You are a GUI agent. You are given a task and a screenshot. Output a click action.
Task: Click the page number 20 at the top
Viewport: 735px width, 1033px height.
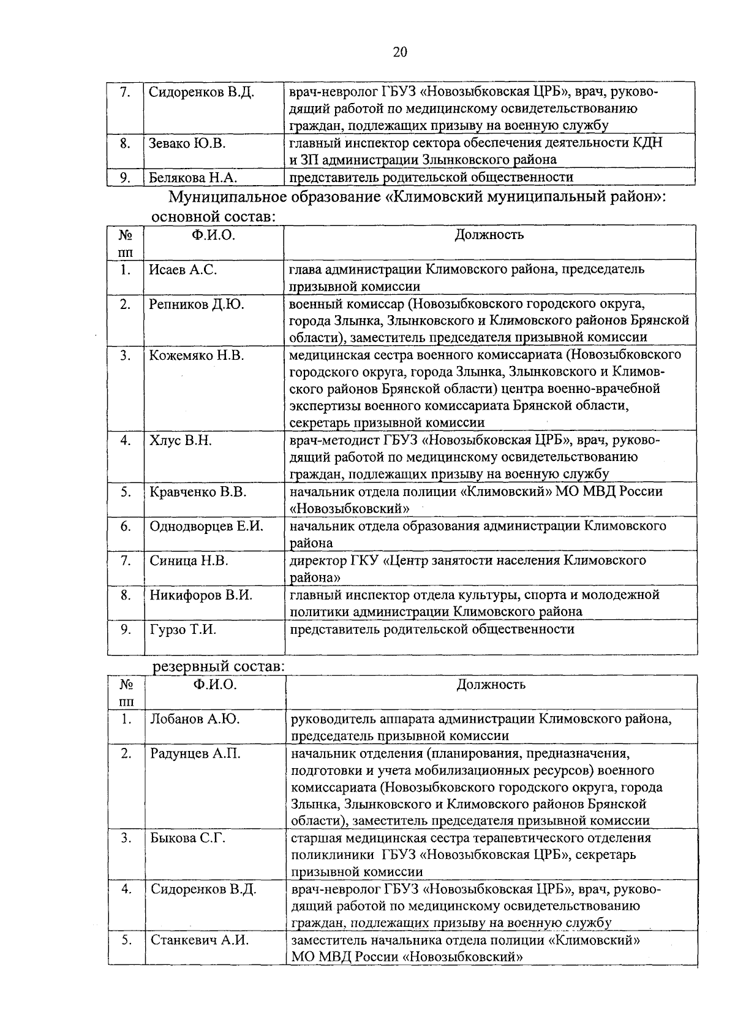[x=399, y=52]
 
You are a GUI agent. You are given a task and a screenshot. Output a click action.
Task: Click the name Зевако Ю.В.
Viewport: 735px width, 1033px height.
[x=187, y=143]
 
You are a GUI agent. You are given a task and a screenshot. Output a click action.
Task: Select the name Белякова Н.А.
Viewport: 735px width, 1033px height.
[x=193, y=178]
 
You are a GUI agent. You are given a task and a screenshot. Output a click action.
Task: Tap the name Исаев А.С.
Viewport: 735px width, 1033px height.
[x=183, y=270]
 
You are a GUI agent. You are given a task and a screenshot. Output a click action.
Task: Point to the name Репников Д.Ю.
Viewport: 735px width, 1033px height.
[x=197, y=304]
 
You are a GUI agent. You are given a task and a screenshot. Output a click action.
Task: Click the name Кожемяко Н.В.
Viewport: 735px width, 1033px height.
[x=197, y=356]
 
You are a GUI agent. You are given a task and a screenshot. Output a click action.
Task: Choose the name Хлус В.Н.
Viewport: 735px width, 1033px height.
[x=181, y=441]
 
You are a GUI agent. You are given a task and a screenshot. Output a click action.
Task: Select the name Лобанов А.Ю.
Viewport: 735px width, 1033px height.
[x=195, y=719]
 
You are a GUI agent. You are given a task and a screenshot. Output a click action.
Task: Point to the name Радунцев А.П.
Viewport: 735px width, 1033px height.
[x=195, y=754]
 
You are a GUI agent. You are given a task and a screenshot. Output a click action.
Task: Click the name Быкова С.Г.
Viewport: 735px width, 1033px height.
[x=188, y=838]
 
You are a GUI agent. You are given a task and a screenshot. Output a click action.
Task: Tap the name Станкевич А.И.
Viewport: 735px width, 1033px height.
[x=200, y=940]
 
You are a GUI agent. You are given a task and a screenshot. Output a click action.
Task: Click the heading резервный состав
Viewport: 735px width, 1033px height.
[x=218, y=666]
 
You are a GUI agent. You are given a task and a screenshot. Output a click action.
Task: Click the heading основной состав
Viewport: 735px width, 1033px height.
[x=213, y=217]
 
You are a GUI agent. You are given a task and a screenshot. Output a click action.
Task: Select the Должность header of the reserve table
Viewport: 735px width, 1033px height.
[x=491, y=685]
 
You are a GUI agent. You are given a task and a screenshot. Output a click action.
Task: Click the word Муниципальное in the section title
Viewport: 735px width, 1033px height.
[x=228, y=198]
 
